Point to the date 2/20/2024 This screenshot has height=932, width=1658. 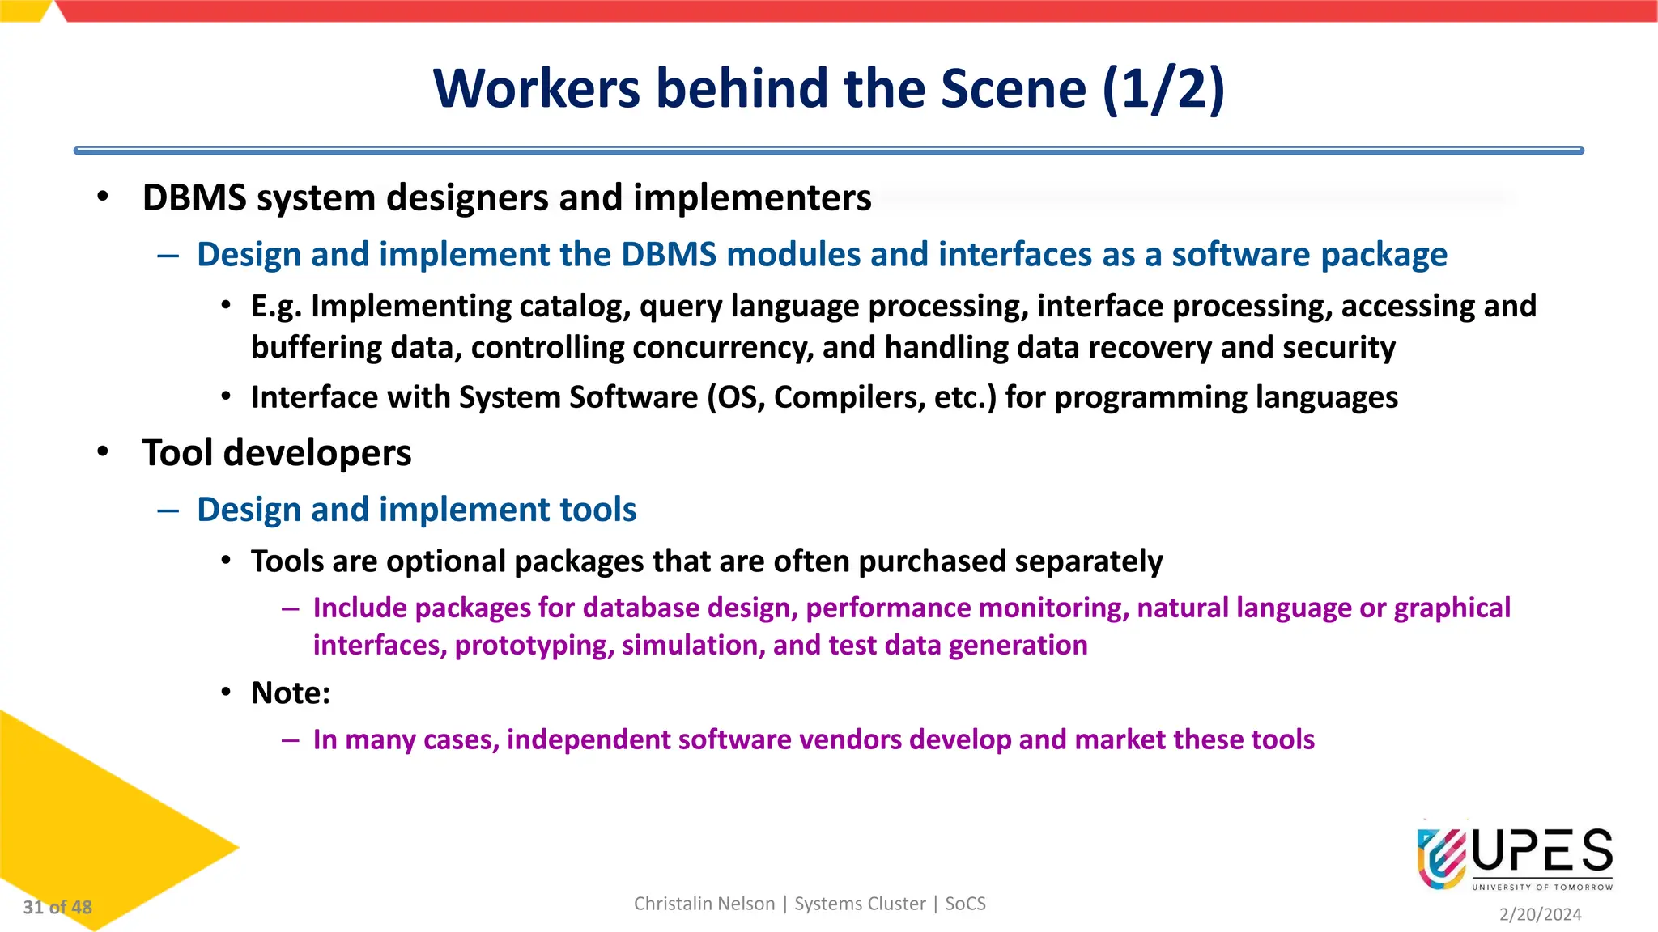(x=1540, y=914)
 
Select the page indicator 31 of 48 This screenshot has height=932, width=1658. (x=57, y=907)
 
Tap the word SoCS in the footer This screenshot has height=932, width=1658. (x=965, y=904)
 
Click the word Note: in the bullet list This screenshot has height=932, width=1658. (x=291, y=693)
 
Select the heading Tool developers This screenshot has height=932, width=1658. (x=277, y=453)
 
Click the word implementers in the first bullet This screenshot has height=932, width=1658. (x=752, y=198)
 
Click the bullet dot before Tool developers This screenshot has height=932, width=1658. (x=102, y=451)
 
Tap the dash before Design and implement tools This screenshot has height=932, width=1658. (x=168, y=510)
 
